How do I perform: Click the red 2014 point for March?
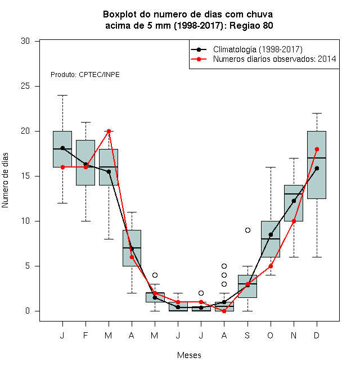click(x=109, y=131)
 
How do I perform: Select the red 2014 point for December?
click(x=317, y=149)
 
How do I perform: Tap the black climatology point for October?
click(x=271, y=234)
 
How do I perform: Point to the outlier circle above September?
click(x=247, y=230)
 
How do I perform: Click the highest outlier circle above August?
click(x=224, y=266)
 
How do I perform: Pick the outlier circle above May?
click(x=155, y=275)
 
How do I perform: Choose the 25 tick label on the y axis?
click(x=25, y=86)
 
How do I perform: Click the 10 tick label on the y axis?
click(x=25, y=221)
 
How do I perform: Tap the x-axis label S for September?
click(x=247, y=335)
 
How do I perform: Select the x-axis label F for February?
click(x=85, y=335)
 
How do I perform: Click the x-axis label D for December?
click(x=317, y=335)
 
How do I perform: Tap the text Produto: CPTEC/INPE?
click(x=85, y=75)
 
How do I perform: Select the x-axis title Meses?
click(x=189, y=355)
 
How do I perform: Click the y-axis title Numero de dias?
click(x=5, y=180)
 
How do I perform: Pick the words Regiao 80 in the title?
click(x=251, y=25)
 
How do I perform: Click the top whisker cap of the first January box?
click(x=62, y=95)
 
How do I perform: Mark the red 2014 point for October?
click(x=271, y=266)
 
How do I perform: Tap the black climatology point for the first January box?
click(x=62, y=148)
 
